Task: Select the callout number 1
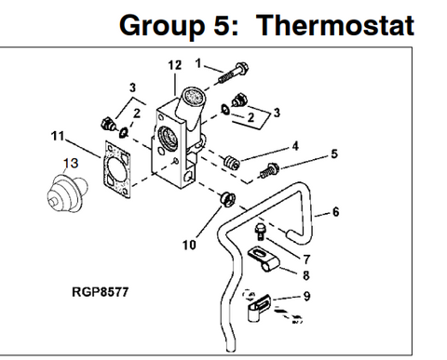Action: point(198,62)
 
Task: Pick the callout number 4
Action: point(294,145)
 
